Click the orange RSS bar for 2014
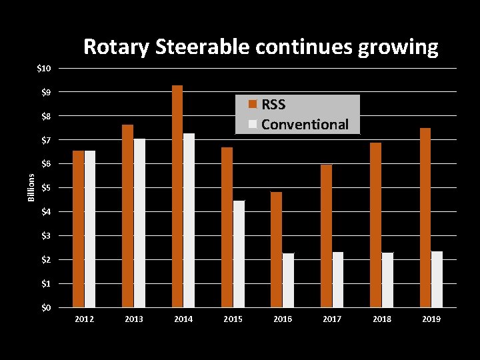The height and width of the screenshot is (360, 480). point(177,196)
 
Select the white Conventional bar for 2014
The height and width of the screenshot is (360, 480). point(189,220)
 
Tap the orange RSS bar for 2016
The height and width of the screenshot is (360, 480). point(276,249)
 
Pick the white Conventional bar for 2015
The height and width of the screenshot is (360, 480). point(239,253)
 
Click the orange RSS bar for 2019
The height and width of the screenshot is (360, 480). point(425,217)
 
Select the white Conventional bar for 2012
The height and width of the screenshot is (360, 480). point(90,229)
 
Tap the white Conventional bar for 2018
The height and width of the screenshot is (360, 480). point(387,279)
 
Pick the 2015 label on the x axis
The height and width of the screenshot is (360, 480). point(233,319)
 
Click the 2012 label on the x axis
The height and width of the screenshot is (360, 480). point(84,319)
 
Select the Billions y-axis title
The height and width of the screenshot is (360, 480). point(31,187)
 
